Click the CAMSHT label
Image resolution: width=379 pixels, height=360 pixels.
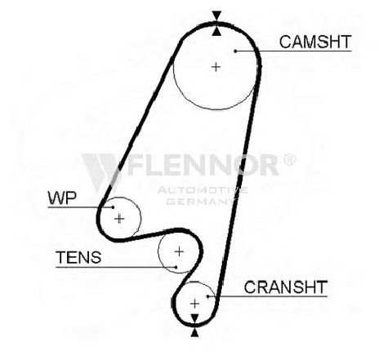(315, 42)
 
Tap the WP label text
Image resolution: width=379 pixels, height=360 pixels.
(62, 198)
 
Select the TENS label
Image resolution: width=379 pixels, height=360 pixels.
(78, 257)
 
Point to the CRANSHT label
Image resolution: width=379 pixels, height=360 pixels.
(285, 287)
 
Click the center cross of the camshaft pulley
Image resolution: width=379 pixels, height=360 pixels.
(216, 67)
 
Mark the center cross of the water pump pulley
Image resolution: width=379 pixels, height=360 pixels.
(119, 219)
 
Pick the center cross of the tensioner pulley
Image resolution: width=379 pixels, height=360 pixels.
(179, 251)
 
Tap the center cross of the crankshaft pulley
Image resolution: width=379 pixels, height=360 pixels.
(194, 304)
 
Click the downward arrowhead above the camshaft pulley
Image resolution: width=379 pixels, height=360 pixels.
(216, 16)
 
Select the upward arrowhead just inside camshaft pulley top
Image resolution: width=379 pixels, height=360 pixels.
(216, 31)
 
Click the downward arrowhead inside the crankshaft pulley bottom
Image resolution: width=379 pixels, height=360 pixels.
(194, 318)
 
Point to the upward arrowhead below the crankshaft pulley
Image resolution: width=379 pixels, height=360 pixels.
(194, 333)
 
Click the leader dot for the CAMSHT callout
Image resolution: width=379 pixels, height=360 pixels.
(235, 51)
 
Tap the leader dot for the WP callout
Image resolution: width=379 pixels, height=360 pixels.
(113, 207)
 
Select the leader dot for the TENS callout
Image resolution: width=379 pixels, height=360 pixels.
(176, 267)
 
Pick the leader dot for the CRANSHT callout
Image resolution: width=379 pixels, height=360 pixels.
(207, 296)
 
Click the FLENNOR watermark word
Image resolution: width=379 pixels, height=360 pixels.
(203, 165)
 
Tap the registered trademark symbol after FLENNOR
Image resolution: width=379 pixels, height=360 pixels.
(289, 160)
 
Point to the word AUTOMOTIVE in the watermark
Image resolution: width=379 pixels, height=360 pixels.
(203, 190)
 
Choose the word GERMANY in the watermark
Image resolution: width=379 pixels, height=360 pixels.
(201, 202)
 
